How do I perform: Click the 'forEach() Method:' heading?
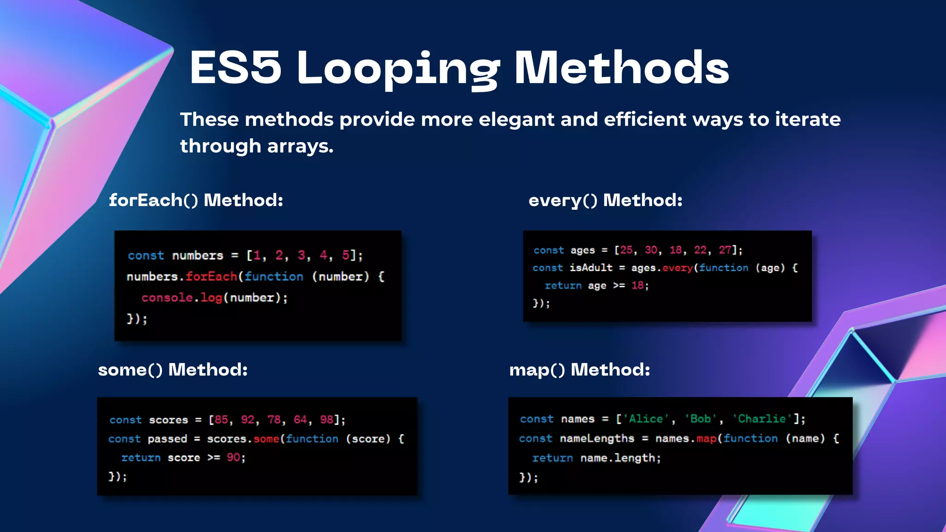[x=196, y=200]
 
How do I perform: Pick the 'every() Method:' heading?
[x=605, y=200]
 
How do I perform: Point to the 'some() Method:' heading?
[x=173, y=369]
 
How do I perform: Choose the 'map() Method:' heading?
[x=579, y=369]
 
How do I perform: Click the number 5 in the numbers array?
[x=346, y=255]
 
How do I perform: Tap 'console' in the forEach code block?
[x=167, y=298]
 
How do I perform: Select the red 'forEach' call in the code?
[x=211, y=277]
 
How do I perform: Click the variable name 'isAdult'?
[x=591, y=268]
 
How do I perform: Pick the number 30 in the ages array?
[x=651, y=250]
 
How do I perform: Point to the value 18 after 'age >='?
[x=637, y=285]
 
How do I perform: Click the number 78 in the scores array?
[x=274, y=420]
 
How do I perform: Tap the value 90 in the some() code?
[x=233, y=458]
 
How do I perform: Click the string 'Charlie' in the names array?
[x=762, y=419]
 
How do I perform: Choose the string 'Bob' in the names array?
[x=700, y=419]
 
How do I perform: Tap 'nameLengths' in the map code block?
[x=597, y=438]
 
